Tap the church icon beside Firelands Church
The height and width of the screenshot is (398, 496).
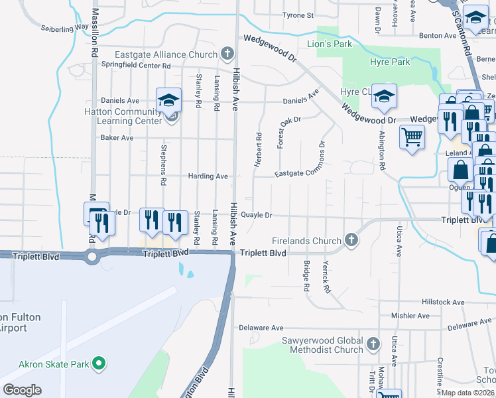[x=352, y=240]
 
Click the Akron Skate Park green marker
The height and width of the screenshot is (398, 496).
[x=99, y=363]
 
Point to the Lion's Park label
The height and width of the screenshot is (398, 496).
[x=329, y=44]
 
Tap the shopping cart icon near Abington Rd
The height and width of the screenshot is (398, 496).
[x=412, y=138]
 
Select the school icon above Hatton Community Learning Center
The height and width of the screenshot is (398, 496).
[x=168, y=100]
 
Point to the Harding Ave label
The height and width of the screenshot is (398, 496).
[x=208, y=176]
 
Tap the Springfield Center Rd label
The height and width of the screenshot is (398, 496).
[x=136, y=66]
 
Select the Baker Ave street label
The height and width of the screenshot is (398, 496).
[x=117, y=138]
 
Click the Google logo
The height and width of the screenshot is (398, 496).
[x=22, y=390]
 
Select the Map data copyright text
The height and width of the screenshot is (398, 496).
[x=468, y=393]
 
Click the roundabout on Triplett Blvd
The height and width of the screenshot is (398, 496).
[x=92, y=256]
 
